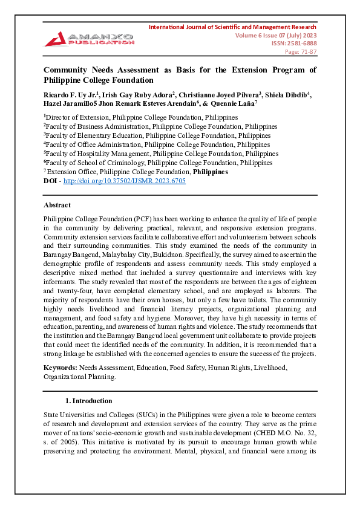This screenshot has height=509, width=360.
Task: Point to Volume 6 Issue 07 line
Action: (275, 36)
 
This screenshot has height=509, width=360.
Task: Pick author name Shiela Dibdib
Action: (288, 94)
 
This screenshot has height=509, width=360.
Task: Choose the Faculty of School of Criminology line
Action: (157, 163)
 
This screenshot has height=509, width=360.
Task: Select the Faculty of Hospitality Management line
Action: (160, 154)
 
